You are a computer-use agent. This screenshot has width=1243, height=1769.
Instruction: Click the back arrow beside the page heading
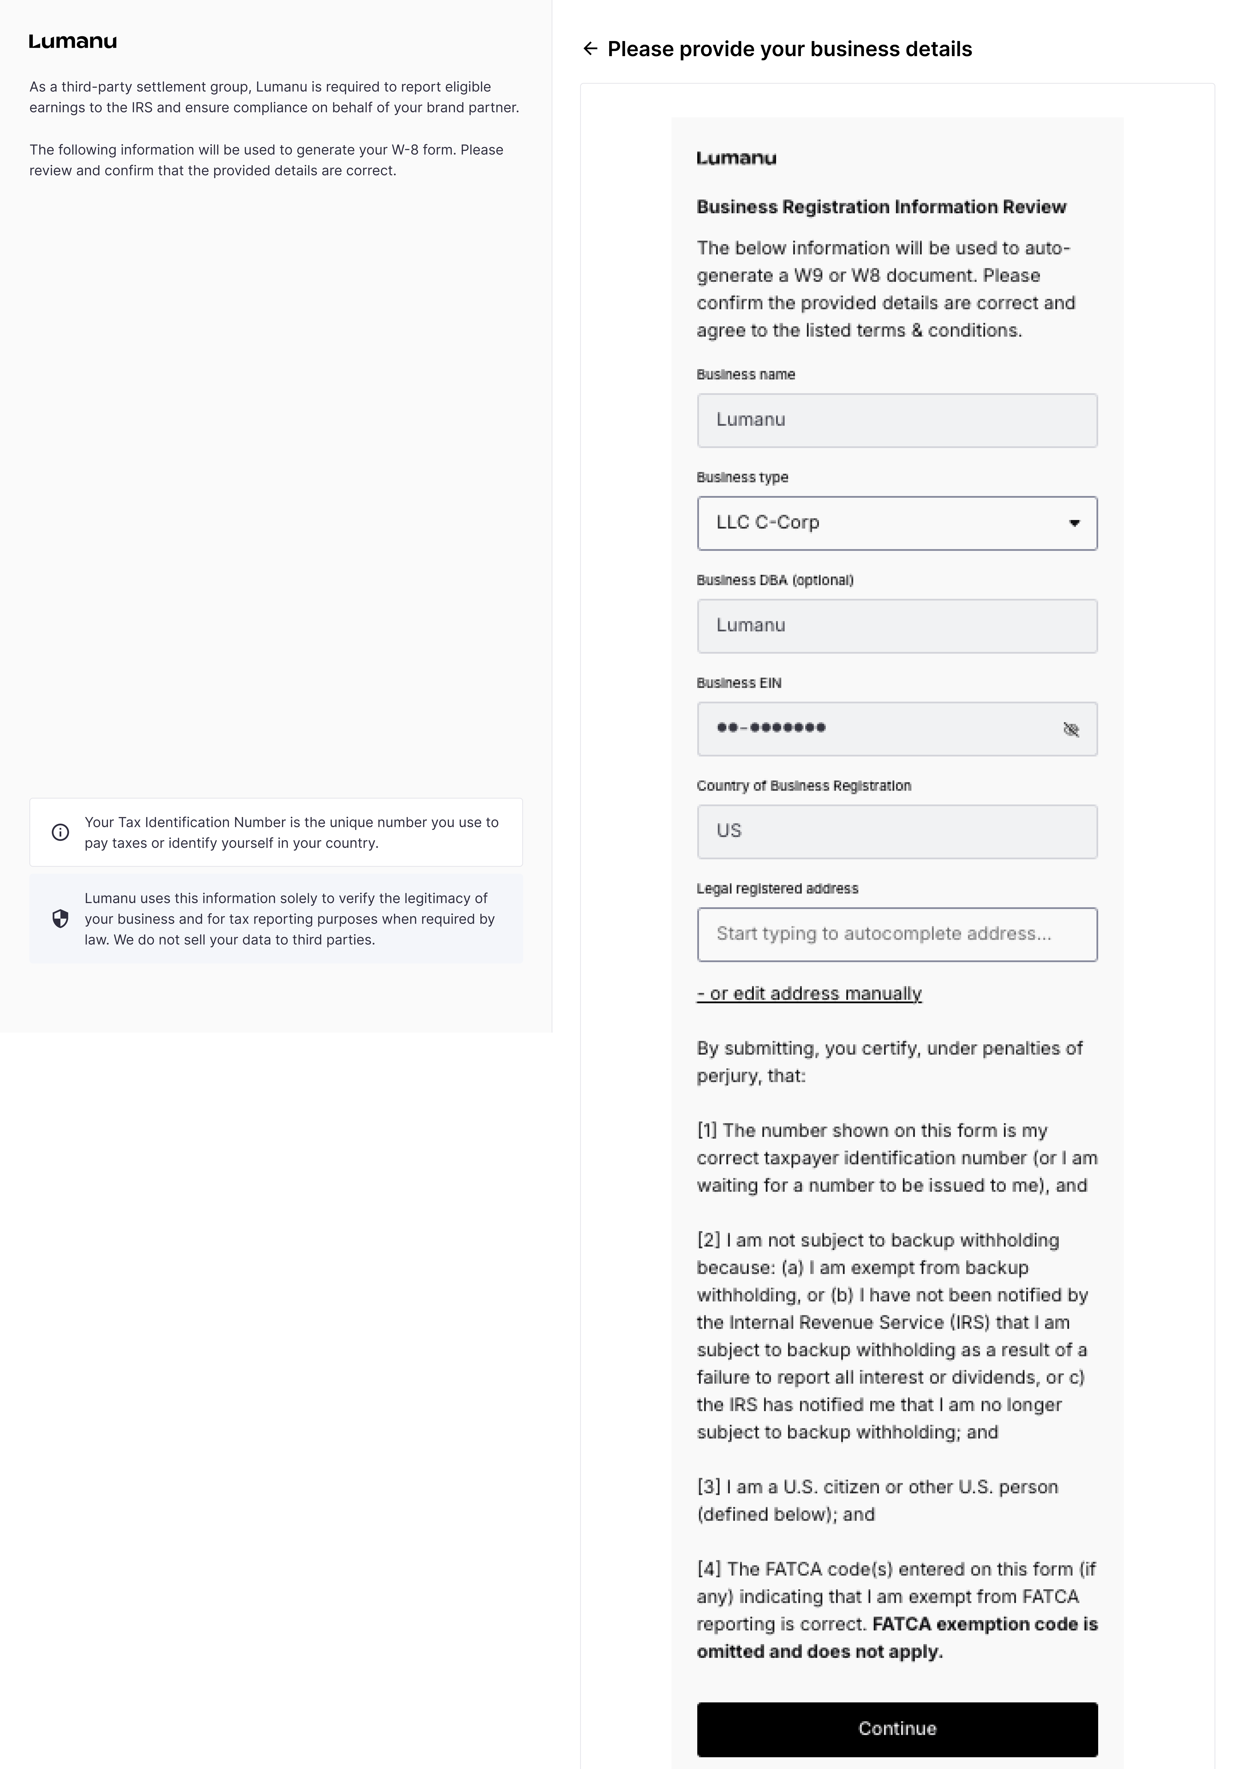pyautogui.click(x=590, y=49)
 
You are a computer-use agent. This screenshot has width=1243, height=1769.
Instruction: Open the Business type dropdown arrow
pyautogui.click(x=1074, y=523)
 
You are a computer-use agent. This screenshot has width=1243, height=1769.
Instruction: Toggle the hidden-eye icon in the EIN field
pyautogui.click(x=1071, y=729)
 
